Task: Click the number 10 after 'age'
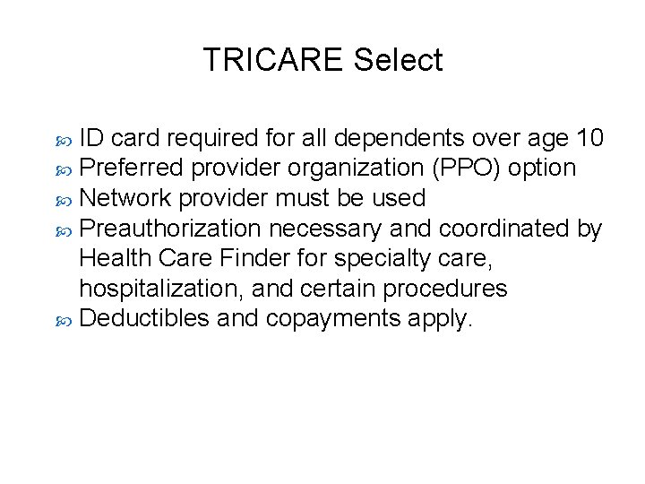(x=589, y=138)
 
